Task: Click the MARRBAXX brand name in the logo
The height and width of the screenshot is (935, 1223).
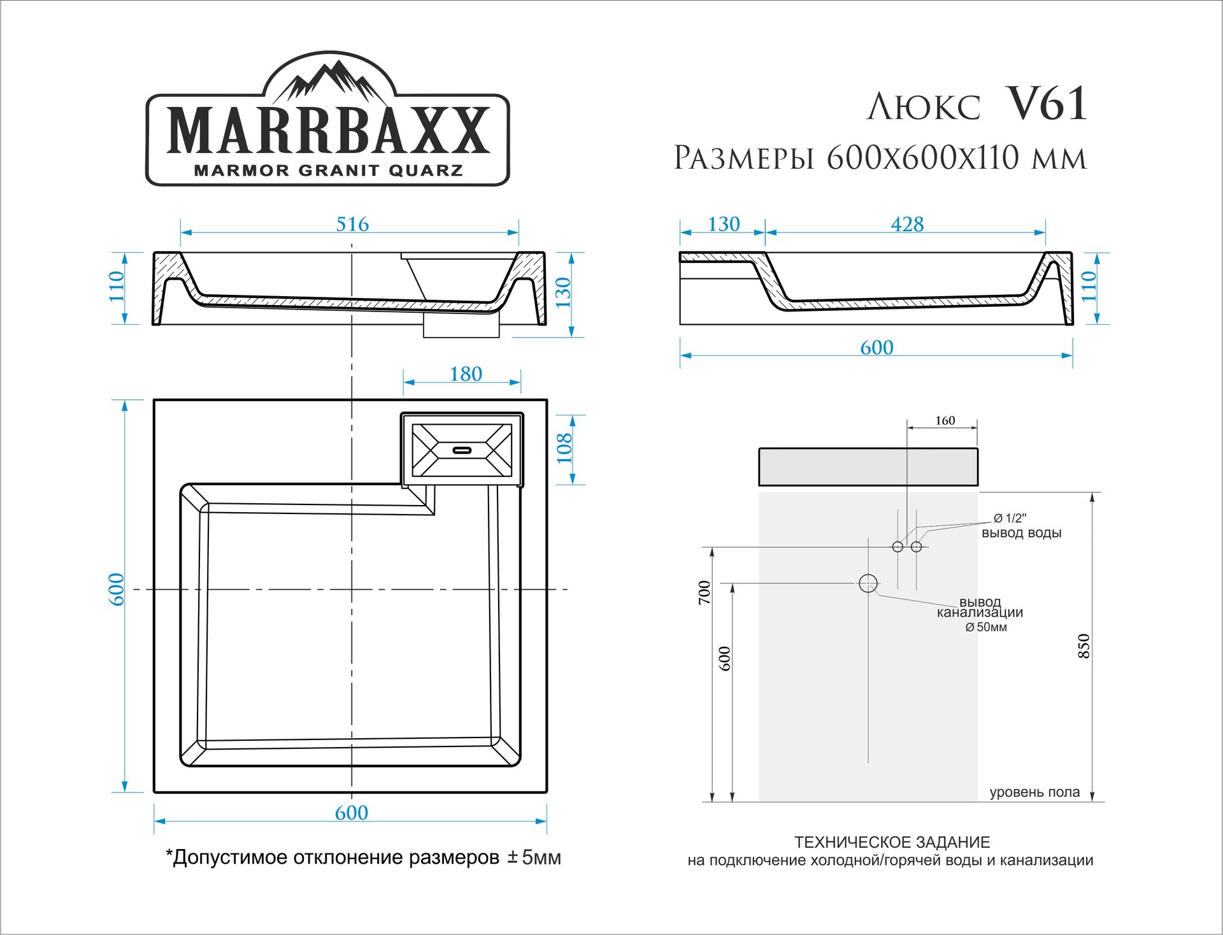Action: pyautogui.click(x=328, y=131)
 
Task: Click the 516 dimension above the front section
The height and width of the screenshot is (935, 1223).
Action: pyautogui.click(x=352, y=224)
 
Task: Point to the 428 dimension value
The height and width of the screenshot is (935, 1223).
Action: pyautogui.click(x=907, y=224)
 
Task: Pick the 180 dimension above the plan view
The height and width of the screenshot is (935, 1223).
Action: pyautogui.click(x=466, y=374)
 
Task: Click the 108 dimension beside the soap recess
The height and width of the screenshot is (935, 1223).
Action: pyautogui.click(x=564, y=448)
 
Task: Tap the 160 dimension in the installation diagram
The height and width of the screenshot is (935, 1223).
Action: pyautogui.click(x=945, y=420)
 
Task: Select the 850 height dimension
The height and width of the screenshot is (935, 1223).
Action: pyautogui.click(x=1084, y=646)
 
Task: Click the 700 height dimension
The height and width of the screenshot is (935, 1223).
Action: pyautogui.click(x=704, y=592)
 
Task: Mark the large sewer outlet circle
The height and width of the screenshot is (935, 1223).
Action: pyautogui.click(x=868, y=583)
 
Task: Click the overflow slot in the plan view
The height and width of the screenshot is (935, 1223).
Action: pyautogui.click(x=462, y=450)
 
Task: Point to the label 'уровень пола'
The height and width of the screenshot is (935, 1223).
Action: pyautogui.click(x=1034, y=792)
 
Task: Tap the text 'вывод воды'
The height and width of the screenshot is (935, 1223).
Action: pyautogui.click(x=1021, y=533)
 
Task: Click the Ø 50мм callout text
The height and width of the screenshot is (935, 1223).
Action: pyautogui.click(x=986, y=627)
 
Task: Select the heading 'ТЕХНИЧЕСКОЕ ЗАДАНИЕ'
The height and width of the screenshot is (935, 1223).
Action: pyautogui.click(x=892, y=842)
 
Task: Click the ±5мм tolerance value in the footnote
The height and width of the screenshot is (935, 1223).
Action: pyautogui.click(x=534, y=857)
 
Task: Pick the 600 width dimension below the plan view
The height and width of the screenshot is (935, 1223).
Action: pyautogui.click(x=351, y=813)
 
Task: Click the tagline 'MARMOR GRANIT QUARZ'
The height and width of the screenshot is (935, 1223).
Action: pyautogui.click(x=328, y=171)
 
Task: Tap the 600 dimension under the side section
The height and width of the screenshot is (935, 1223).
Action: pyautogui.click(x=876, y=348)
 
